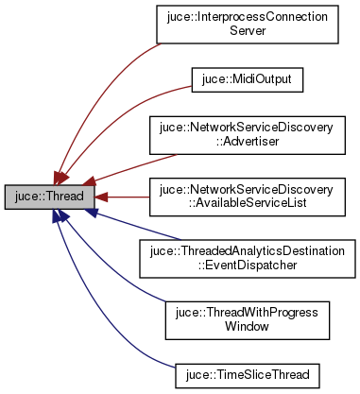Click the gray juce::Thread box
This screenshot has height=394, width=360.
48,197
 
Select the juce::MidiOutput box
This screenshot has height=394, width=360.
247,80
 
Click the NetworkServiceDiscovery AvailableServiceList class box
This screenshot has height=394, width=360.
247,197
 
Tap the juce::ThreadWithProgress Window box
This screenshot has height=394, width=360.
247,320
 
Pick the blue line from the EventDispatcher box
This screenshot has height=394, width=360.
123,228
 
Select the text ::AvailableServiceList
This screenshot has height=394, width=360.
247,205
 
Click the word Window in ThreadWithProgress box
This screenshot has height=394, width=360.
247,328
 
